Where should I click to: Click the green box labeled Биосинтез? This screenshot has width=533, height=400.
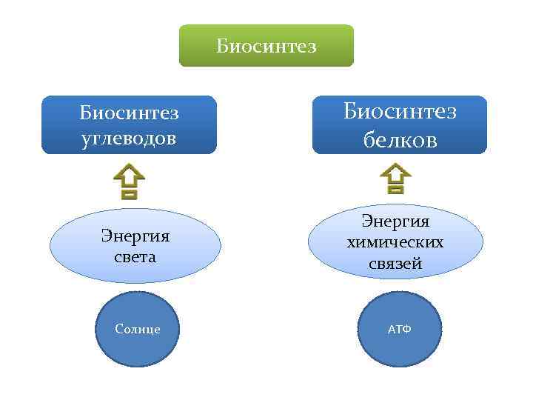point(266,46)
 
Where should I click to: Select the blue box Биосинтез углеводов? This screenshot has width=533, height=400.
point(129,124)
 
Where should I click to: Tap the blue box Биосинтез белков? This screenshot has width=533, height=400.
point(400,124)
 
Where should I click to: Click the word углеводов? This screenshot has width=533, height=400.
point(130,139)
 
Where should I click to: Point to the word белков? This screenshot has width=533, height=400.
point(400,139)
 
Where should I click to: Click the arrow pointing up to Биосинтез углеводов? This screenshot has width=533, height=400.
point(129,181)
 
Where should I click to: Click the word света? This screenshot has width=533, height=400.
point(135,257)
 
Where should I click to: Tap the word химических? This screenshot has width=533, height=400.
point(395,242)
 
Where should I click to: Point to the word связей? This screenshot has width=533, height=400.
point(395,263)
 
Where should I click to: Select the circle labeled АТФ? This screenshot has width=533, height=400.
point(400,330)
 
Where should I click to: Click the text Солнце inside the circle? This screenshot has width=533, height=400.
point(138,329)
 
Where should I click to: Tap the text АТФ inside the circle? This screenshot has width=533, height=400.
point(400,329)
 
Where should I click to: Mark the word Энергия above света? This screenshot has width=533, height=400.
point(135,236)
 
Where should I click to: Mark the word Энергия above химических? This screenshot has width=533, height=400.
point(395,221)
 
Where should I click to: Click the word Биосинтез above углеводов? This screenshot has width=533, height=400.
point(130,113)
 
